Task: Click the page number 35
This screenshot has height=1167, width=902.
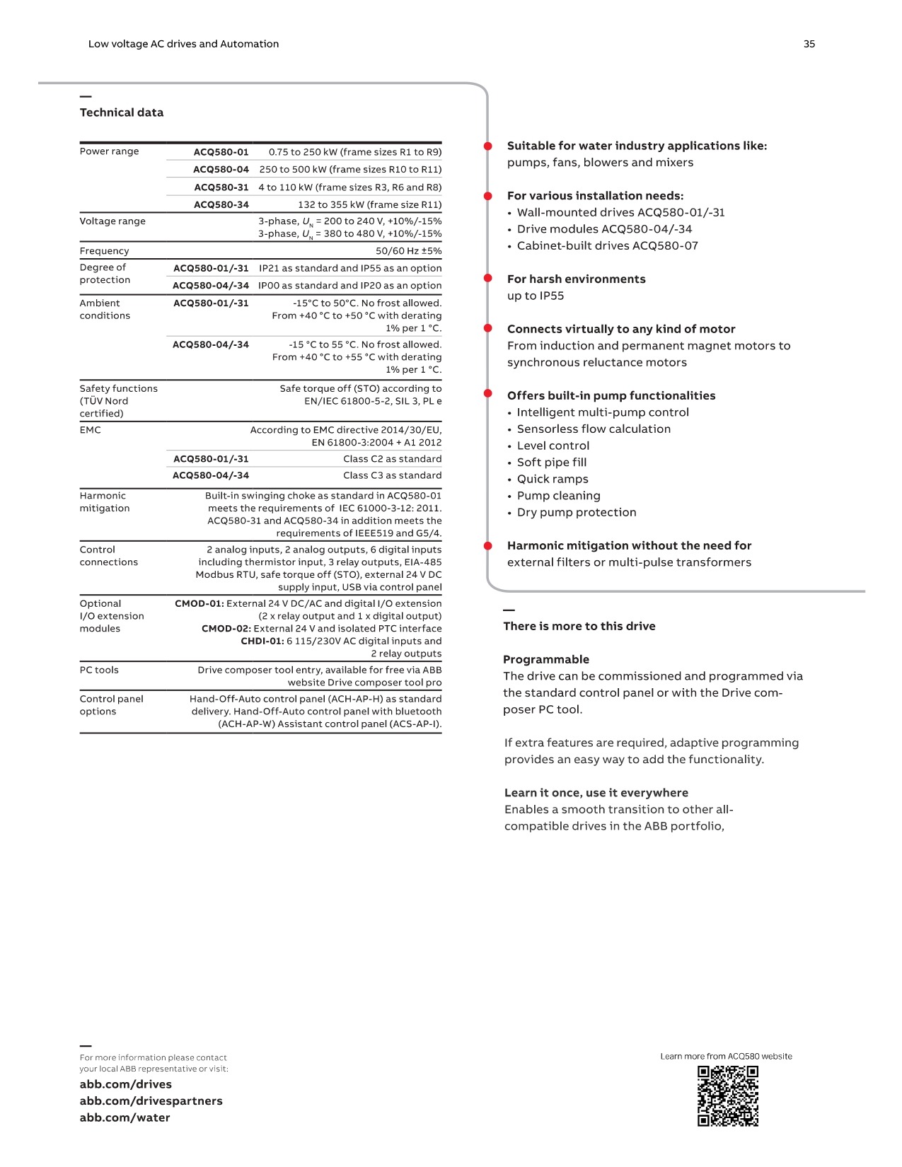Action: tap(809, 44)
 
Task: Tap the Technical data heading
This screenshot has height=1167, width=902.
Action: tap(122, 112)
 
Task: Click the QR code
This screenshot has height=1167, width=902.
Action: tap(728, 1096)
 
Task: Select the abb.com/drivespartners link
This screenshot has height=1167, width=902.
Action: tap(151, 1101)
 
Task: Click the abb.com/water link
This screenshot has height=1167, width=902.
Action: tap(125, 1117)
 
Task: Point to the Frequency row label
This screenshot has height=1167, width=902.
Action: tap(104, 251)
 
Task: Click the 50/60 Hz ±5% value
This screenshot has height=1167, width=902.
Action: tap(408, 251)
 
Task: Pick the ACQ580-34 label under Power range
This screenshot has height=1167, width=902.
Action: tap(221, 204)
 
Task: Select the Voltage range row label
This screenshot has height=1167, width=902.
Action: tap(112, 221)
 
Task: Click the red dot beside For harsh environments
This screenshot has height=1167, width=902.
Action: tap(487, 279)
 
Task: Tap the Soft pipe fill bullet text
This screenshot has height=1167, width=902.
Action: tap(552, 463)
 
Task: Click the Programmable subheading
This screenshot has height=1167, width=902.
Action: tap(545, 659)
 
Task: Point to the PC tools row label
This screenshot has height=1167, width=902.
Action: tap(99, 670)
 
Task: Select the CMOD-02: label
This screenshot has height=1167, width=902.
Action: tap(226, 629)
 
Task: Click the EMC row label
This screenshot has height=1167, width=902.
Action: tap(91, 430)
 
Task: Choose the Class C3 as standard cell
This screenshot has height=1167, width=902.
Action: tap(392, 475)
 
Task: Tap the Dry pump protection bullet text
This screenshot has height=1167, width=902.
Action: tap(577, 512)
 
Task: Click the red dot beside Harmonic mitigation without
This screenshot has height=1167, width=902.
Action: tap(487, 546)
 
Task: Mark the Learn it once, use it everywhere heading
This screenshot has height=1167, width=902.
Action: tap(596, 793)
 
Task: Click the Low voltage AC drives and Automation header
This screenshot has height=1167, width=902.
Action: tap(183, 44)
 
